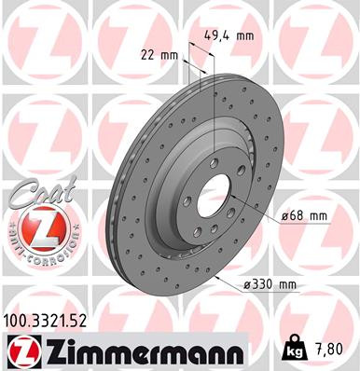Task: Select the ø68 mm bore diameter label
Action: pos(304,215)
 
